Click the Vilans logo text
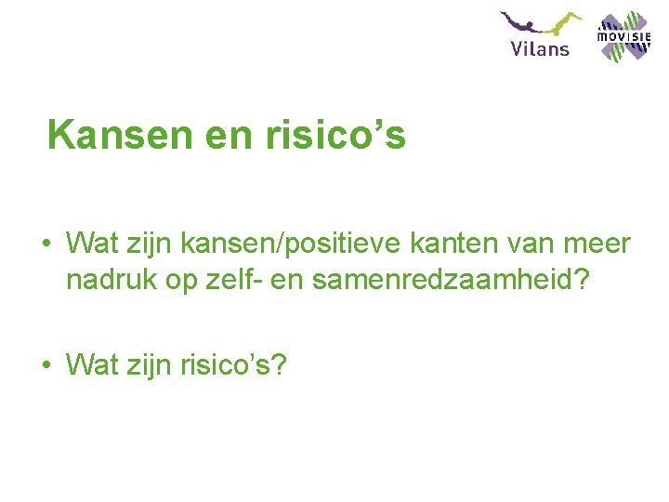pos(540,47)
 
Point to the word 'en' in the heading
pos(215,135)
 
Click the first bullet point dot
pos(45,245)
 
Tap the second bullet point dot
pos(45,366)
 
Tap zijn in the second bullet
pos(138,365)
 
